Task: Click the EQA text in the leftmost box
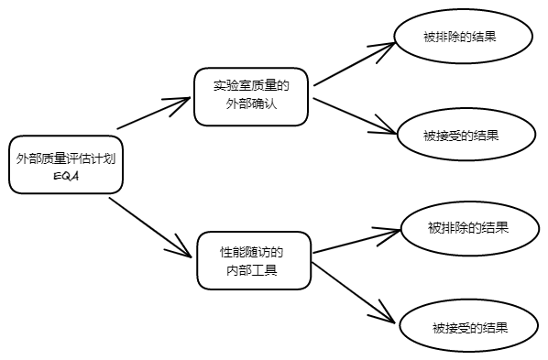point(66,176)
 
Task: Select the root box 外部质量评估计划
point(66,165)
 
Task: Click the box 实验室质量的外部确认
point(251,95)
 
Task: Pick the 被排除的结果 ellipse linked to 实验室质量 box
point(462,38)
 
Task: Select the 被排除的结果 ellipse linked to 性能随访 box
point(468,227)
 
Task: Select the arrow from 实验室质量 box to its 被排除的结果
point(353,64)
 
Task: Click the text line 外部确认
point(251,105)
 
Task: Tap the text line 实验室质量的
point(251,86)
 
